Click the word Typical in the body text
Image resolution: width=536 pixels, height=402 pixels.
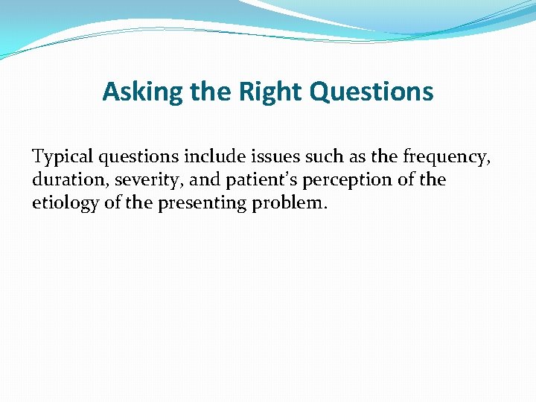pos(61,157)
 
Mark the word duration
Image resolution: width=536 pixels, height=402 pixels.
pos(70,180)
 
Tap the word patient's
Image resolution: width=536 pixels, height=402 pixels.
pos(258,180)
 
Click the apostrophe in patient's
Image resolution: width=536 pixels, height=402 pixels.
pos(281,176)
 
